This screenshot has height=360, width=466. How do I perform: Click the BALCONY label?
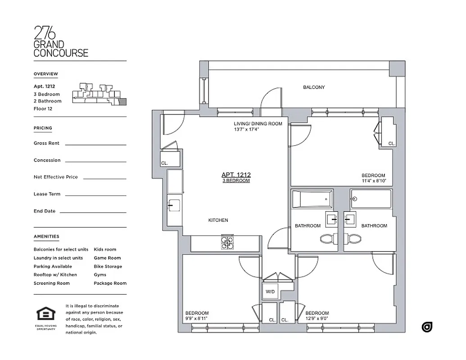[314, 87]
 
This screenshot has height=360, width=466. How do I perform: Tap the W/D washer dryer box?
[270, 291]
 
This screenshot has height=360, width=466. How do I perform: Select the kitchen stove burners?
[227, 243]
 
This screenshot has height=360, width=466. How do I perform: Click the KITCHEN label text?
[218, 220]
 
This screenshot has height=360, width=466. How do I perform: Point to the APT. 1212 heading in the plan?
[236, 175]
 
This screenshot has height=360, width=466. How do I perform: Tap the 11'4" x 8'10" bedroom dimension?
[373, 181]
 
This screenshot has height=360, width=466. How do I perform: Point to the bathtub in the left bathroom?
[312, 198]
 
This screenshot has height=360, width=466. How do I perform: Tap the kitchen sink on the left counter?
[174, 205]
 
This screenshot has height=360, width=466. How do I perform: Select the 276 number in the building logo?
[45, 33]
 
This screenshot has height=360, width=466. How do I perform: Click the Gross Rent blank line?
[95, 144]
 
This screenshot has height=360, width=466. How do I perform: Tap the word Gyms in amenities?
[100, 274]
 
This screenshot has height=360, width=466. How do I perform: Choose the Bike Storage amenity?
[108, 266]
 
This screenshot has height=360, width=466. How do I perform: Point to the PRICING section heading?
[43, 128]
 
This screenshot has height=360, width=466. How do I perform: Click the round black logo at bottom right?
[427, 327]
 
